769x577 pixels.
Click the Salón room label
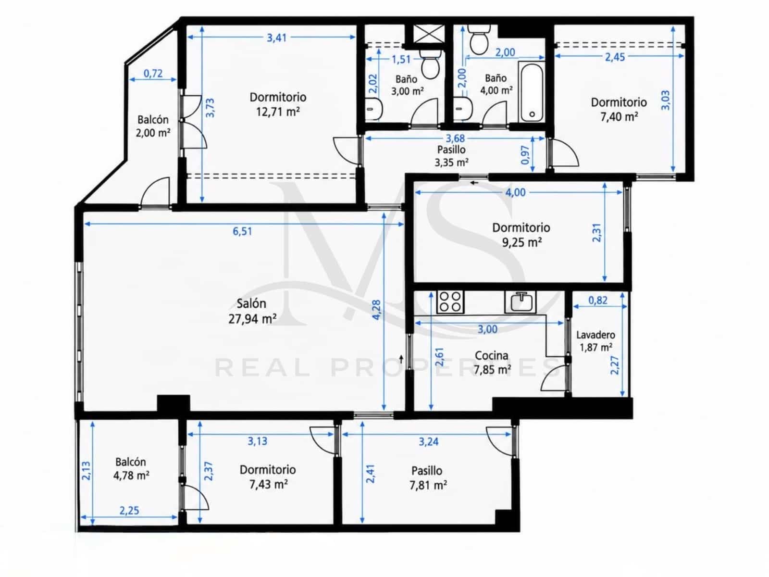point(251,303)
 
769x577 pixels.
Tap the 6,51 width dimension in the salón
point(242,231)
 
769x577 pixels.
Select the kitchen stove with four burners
point(450,302)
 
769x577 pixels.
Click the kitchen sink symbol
point(520,302)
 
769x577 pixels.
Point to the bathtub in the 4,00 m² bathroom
point(532,92)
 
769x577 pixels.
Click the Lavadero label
point(595,335)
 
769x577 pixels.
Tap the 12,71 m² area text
point(278,112)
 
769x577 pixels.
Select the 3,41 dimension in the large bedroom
point(277,38)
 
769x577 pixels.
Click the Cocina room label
point(491,356)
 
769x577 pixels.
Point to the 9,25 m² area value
point(521,242)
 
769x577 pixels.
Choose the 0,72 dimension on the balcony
point(153,74)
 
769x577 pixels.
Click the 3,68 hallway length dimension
point(455,138)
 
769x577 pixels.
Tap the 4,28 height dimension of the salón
point(376,310)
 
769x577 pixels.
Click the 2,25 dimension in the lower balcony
point(129,511)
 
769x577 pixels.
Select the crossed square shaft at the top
point(429,34)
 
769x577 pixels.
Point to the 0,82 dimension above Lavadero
point(598,300)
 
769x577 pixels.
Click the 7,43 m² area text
point(268,485)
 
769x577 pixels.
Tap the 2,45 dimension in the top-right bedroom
point(615,57)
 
